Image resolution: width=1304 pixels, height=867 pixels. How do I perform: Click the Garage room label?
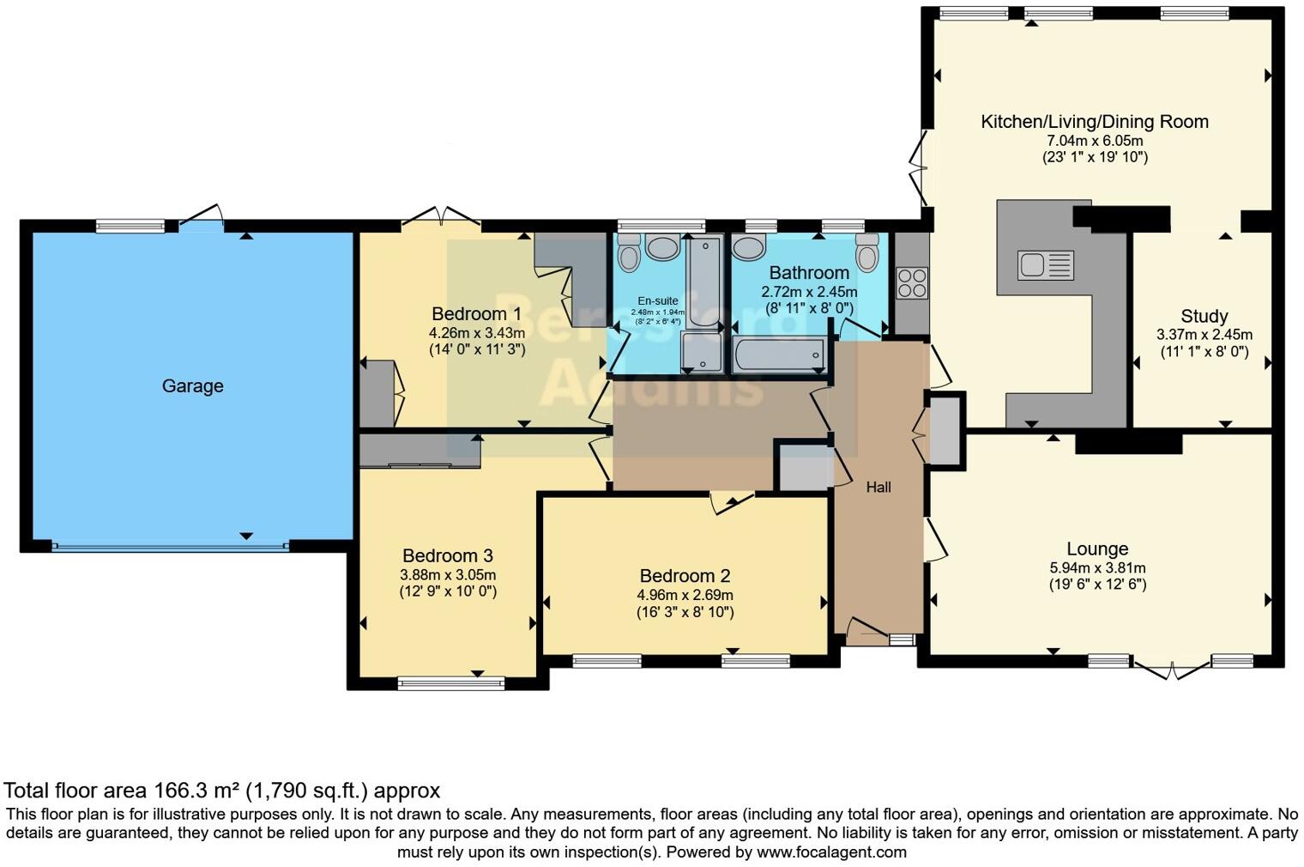pos(192,386)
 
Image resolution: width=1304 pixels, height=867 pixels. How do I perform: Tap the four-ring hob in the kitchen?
pos(912,282)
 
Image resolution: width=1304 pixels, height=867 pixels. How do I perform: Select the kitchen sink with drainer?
pos(1045,265)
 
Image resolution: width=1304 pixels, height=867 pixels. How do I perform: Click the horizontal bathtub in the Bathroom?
pos(779,354)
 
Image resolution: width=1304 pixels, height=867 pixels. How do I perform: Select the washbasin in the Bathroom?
pos(750,248)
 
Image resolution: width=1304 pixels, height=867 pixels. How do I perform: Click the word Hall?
pos(878,488)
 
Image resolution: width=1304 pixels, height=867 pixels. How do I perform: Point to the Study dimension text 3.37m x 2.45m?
pos(1204,335)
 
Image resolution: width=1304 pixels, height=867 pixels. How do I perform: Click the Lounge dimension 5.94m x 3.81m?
pos(1097,567)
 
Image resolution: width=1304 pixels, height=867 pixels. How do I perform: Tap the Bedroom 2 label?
pos(684,576)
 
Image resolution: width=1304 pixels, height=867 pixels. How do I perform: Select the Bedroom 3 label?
pos(447,555)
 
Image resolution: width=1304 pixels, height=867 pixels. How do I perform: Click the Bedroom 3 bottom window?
pos(451,683)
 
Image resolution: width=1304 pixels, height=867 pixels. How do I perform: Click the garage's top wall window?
pos(130,227)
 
